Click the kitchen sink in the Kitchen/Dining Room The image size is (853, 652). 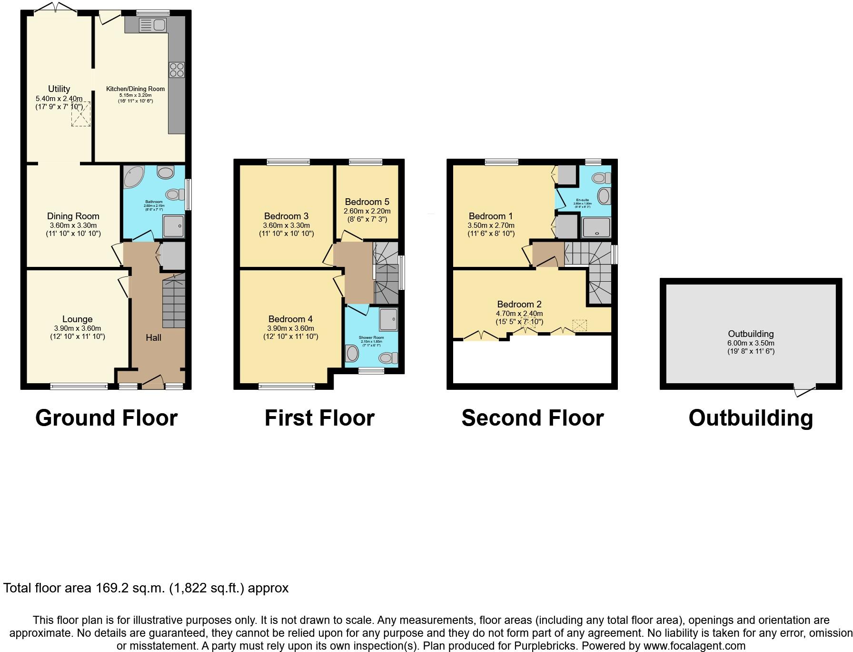152,25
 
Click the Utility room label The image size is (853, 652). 59,89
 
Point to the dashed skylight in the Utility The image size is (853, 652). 81,114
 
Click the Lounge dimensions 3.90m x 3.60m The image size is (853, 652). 78,328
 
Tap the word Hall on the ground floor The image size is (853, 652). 153,337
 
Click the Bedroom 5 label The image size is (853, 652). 367,202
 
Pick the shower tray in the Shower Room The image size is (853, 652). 388,319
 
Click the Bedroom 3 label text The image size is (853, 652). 286,216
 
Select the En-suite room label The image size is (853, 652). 582,200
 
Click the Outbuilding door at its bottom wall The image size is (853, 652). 805,391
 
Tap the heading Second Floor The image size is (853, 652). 532,418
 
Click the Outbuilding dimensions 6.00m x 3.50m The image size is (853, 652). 751,343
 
